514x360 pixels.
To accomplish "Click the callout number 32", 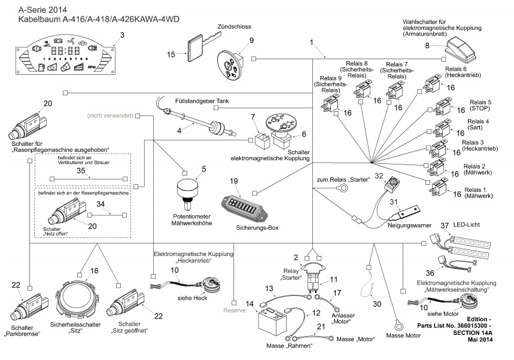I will (378, 176).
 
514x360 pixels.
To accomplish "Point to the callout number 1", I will (312, 42).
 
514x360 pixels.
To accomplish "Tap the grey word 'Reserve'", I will (234, 310).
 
